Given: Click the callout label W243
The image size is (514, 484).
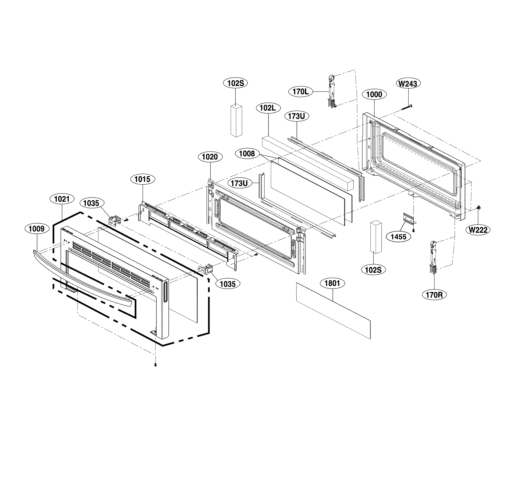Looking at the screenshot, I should [x=408, y=84].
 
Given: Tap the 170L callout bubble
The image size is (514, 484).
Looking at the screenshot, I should [x=301, y=91].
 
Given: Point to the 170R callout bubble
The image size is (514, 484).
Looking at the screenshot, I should [x=434, y=295].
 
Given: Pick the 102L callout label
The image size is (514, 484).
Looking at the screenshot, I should [x=268, y=108].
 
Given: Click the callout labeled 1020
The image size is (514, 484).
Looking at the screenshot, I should [x=210, y=157].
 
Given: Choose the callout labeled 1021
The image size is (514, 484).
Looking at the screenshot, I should [x=62, y=199].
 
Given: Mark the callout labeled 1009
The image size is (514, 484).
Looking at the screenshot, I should [x=37, y=229].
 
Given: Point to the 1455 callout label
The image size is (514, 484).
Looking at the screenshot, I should [x=398, y=237].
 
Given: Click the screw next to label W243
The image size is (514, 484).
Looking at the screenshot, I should [x=407, y=107].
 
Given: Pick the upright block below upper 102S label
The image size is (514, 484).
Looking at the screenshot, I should [x=236, y=120].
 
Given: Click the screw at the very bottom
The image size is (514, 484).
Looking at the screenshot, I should [x=155, y=365].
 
